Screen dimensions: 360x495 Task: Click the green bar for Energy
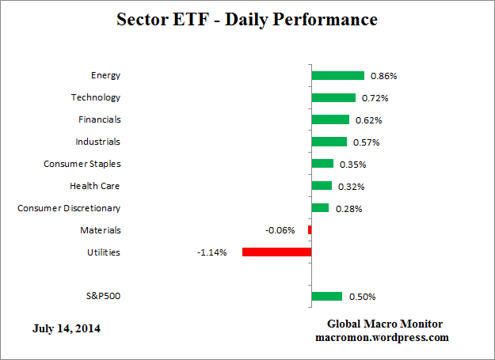click(337, 76)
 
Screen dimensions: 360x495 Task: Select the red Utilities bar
click(276, 252)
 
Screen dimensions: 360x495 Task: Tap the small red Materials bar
click(310, 230)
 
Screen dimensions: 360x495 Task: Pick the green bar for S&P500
click(327, 297)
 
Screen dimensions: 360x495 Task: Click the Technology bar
click(333, 98)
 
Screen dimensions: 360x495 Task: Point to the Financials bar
click(330, 120)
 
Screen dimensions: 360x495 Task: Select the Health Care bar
click(322, 186)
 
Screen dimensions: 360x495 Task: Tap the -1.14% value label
click(211, 253)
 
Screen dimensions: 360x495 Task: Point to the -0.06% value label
click(280, 231)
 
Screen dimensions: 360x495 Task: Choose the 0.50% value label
click(362, 297)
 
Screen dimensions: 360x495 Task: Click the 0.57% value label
click(366, 143)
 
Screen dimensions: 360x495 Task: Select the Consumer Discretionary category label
click(69, 208)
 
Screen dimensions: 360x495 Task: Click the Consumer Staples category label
click(82, 164)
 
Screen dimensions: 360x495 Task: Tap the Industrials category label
click(97, 142)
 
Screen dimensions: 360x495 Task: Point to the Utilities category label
click(104, 252)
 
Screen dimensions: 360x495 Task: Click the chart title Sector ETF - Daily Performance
click(247, 18)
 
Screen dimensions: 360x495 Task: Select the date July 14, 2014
click(67, 328)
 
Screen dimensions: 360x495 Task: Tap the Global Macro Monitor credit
click(385, 324)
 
